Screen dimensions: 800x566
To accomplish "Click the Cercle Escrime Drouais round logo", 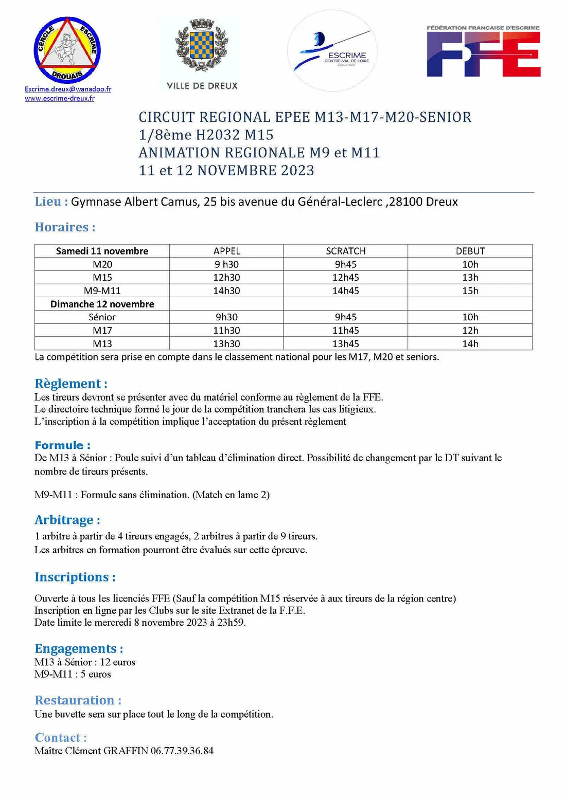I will click(x=67, y=50).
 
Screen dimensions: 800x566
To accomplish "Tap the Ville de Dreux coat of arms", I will click(x=202, y=45).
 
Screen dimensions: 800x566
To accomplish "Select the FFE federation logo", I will click(x=483, y=51).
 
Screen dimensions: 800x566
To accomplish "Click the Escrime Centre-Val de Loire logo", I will click(x=332, y=50).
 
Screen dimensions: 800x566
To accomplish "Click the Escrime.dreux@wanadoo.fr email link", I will click(x=68, y=89).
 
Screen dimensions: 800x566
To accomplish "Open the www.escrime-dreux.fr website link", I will click(x=60, y=98).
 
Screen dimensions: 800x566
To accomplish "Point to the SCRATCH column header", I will click(x=345, y=251).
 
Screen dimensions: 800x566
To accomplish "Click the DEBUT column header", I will click(x=470, y=251).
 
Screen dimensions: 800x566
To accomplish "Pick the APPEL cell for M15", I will click(x=226, y=278).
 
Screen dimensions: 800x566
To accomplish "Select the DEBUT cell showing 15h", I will click(x=470, y=290).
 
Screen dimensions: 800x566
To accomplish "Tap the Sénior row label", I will click(x=102, y=317).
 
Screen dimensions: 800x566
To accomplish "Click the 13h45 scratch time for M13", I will click(x=345, y=343).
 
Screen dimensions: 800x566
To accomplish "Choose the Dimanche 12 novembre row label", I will click(x=102, y=304).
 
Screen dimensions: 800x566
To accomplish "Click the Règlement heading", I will click(x=70, y=384).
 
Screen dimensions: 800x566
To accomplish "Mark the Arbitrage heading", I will click(x=67, y=520).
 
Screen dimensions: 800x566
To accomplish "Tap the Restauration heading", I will click(x=78, y=700).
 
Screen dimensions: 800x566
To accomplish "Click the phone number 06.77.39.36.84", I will click(x=182, y=751).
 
